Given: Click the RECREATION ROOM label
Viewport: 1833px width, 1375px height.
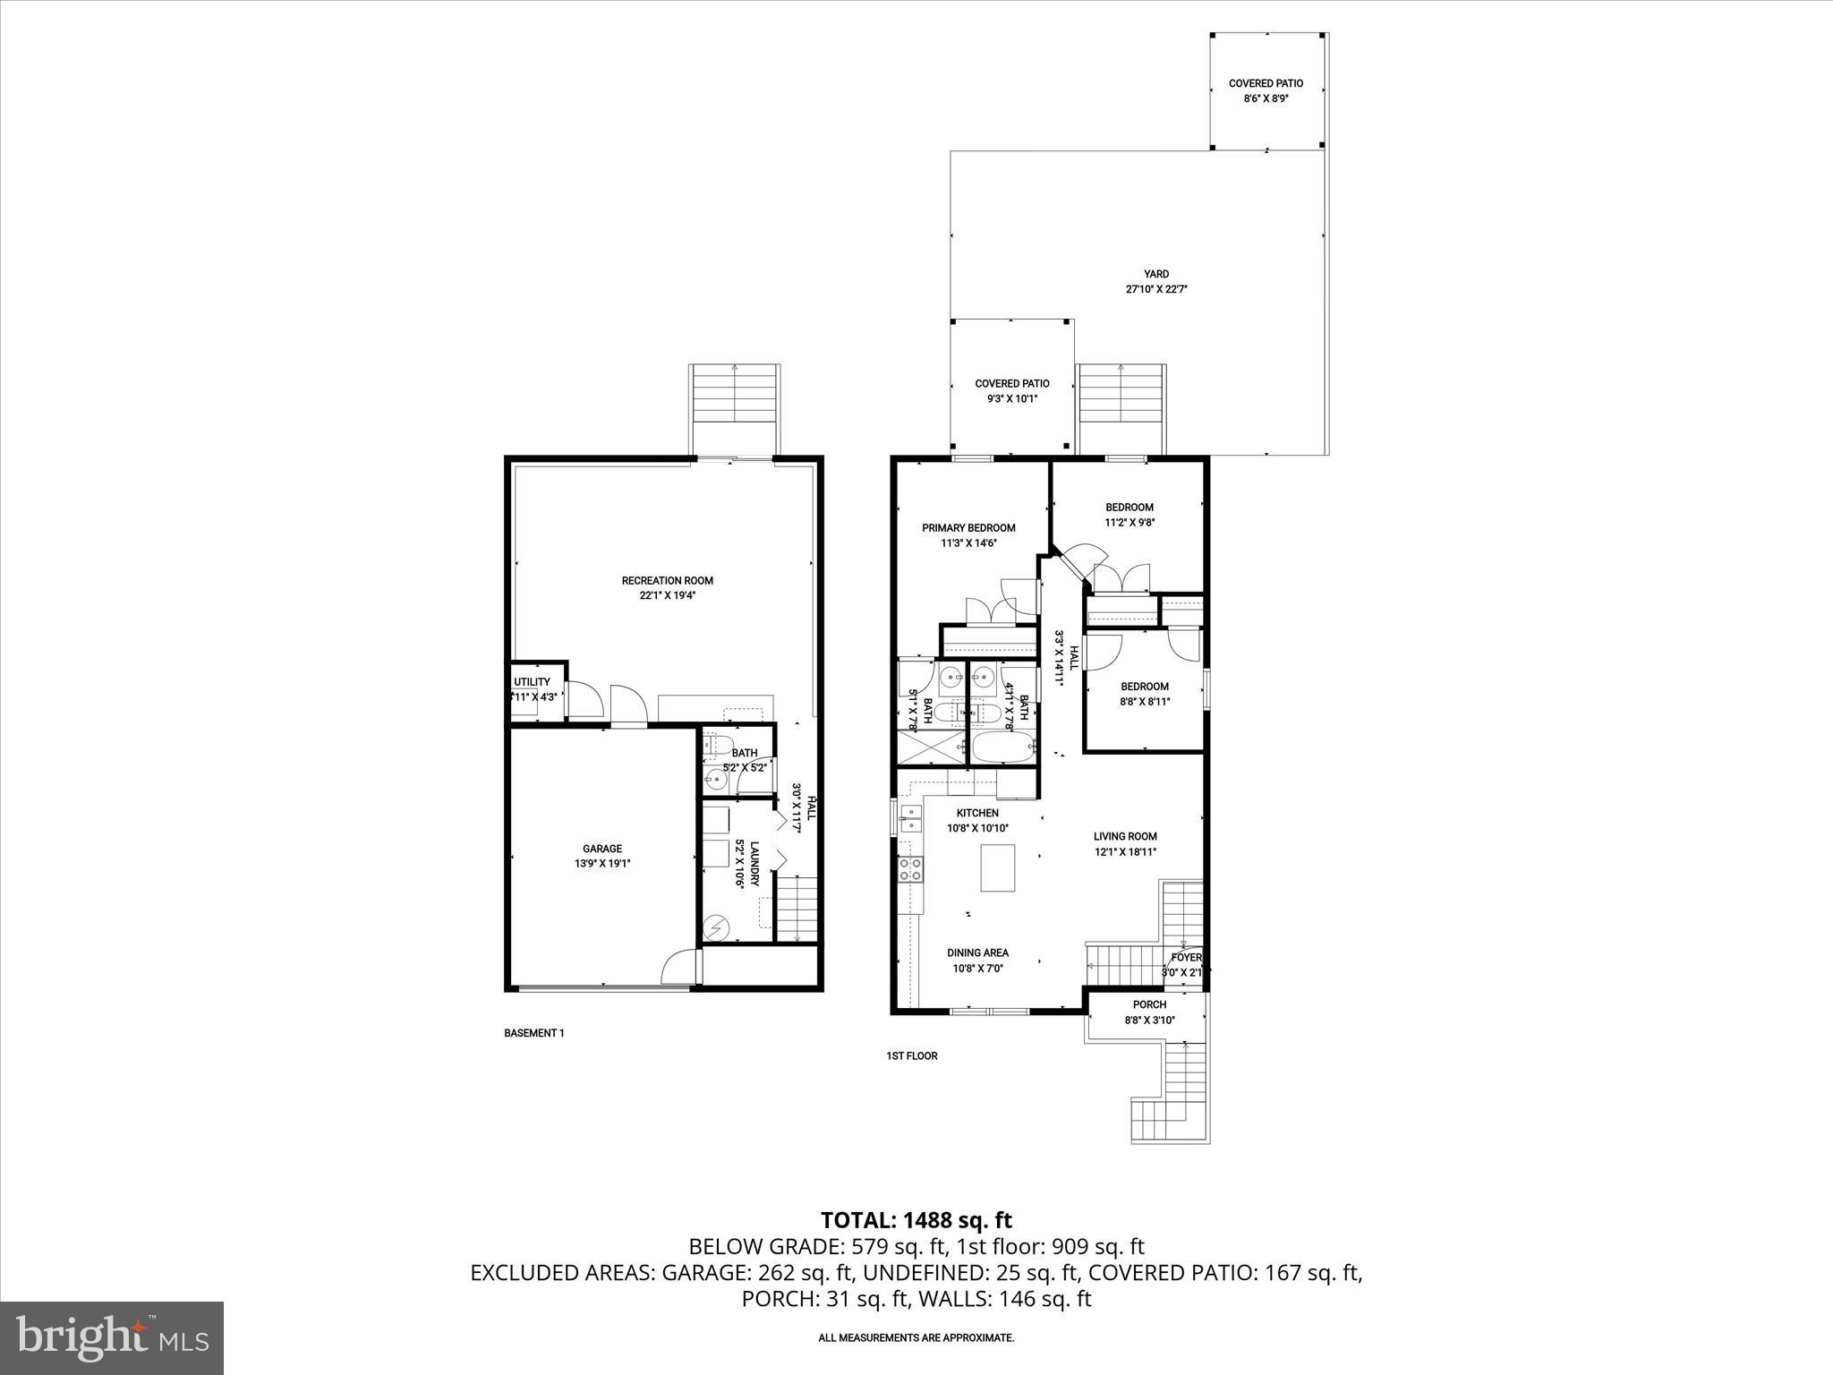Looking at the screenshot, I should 667,580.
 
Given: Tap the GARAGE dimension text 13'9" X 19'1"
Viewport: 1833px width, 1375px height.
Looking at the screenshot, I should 601,864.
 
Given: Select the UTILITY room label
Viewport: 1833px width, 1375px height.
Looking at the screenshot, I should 532,682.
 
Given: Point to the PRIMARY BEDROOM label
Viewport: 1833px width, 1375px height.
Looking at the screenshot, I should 968,528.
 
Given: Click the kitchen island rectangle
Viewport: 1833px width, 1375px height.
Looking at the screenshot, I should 998,867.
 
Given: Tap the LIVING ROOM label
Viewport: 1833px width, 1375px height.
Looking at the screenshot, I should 1125,836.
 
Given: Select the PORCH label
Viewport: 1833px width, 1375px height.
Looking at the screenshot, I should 1149,1004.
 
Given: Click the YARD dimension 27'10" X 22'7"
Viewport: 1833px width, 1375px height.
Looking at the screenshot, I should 1156,289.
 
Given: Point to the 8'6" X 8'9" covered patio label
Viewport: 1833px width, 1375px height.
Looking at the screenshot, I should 1266,98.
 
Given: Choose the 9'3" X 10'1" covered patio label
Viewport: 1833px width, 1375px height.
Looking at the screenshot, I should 1011,398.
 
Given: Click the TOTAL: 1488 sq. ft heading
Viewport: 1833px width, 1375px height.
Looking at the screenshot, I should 916,1219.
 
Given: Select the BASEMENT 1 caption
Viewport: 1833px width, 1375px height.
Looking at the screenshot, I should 533,1032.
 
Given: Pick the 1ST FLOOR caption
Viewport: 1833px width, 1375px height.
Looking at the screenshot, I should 911,1055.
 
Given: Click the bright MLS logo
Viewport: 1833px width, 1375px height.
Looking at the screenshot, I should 112,1338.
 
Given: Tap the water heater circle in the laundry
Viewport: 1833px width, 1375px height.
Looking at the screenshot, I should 716,929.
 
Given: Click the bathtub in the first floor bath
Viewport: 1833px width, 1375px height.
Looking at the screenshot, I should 1003,748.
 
